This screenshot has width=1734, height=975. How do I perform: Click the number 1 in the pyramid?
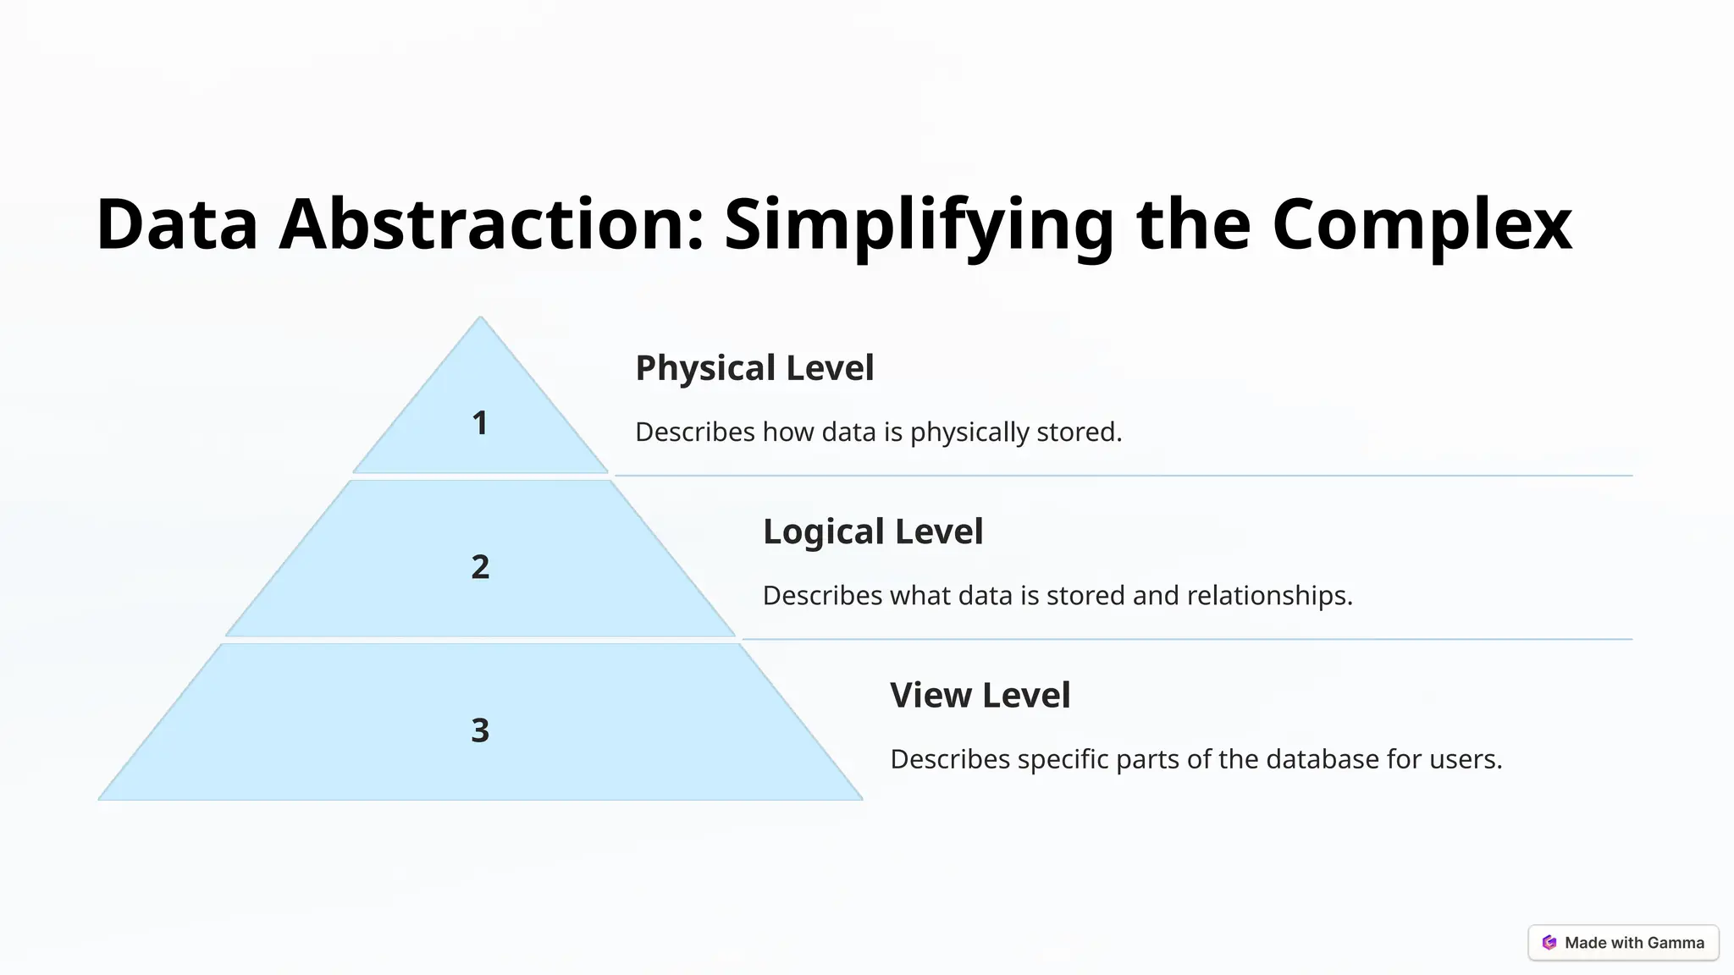click(480, 423)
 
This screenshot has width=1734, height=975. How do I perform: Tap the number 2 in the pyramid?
click(480, 567)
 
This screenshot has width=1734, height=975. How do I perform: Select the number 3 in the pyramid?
click(480, 730)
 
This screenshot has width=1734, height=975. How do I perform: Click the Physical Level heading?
click(754, 368)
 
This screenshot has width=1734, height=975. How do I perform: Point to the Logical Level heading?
click(873, 532)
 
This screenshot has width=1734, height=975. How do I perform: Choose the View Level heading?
click(980, 696)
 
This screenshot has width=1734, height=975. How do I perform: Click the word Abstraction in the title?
click(491, 224)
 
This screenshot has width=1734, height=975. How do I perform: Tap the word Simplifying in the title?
click(919, 224)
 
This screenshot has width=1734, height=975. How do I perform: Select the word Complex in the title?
click(1422, 224)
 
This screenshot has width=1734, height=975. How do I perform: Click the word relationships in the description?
click(1269, 596)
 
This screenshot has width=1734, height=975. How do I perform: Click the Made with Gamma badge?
click(1623, 943)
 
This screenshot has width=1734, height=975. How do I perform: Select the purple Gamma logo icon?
click(1549, 943)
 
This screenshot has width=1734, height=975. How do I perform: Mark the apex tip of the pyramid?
click(480, 319)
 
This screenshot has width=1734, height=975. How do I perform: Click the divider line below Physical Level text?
click(1123, 476)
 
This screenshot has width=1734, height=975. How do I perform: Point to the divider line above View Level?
click(1185, 639)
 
